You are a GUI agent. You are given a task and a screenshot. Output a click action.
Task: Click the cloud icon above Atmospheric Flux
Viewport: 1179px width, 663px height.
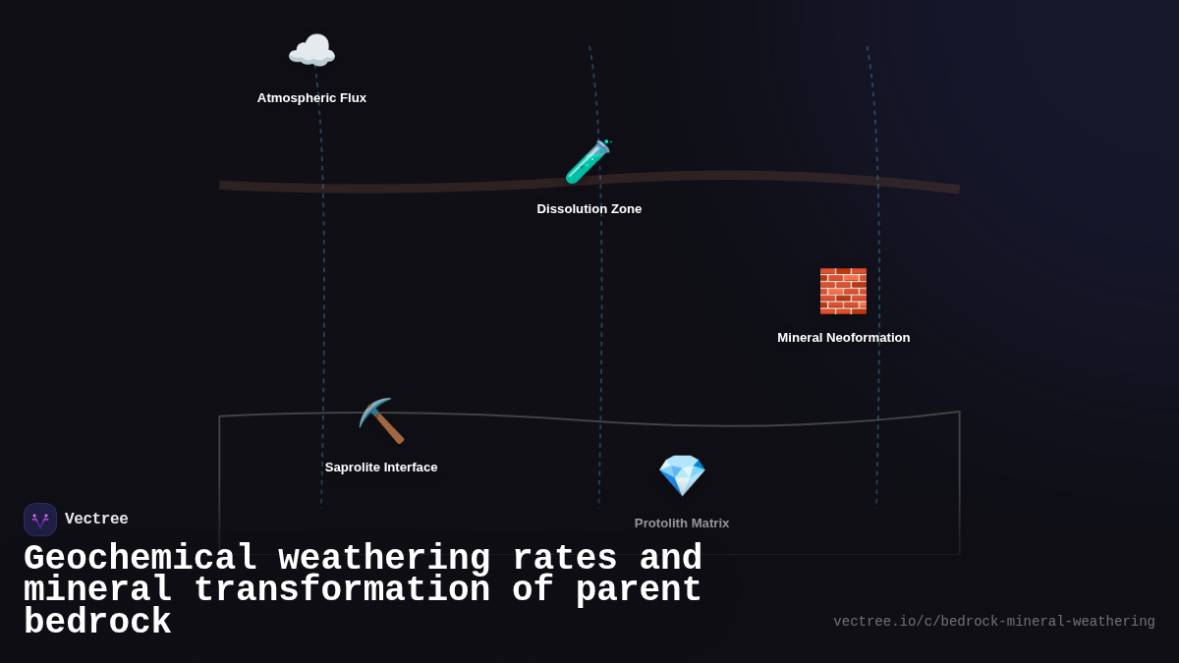pos(311,51)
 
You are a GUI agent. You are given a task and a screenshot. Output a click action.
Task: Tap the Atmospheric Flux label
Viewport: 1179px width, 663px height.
pos(311,98)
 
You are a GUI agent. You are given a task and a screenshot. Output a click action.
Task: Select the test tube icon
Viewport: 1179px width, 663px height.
pos(588,162)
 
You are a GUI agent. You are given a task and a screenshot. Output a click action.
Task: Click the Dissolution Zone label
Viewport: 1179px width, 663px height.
pos(589,209)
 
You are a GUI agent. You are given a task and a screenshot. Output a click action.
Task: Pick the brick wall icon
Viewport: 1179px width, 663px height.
pos(843,291)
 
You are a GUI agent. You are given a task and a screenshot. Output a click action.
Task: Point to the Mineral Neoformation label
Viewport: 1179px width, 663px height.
pos(843,338)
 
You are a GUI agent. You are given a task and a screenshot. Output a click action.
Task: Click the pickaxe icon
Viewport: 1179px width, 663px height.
pos(381,421)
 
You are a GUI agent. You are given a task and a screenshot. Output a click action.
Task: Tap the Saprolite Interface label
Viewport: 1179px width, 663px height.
pos(381,468)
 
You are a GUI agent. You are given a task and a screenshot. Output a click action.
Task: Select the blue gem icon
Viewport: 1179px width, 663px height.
pos(682,475)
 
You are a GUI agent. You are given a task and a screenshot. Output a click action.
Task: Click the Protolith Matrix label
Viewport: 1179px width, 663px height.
pos(682,524)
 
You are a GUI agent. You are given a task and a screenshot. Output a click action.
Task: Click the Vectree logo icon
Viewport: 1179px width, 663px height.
pos(40,520)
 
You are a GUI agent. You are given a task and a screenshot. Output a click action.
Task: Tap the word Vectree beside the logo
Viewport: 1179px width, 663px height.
pos(96,520)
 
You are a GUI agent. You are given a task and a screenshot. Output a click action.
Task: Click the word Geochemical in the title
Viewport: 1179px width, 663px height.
pos(140,559)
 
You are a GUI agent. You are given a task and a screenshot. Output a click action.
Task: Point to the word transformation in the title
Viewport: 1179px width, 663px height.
pos(342,590)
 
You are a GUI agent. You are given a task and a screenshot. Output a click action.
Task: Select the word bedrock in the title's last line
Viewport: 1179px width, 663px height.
pos(97,623)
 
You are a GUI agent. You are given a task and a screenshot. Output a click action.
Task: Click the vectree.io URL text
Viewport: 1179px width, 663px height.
pos(993,622)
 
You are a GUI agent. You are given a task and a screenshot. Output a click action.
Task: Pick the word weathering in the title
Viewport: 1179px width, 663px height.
pos(384,559)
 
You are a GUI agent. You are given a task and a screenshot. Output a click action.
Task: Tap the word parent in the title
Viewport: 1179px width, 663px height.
pos(639,590)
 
